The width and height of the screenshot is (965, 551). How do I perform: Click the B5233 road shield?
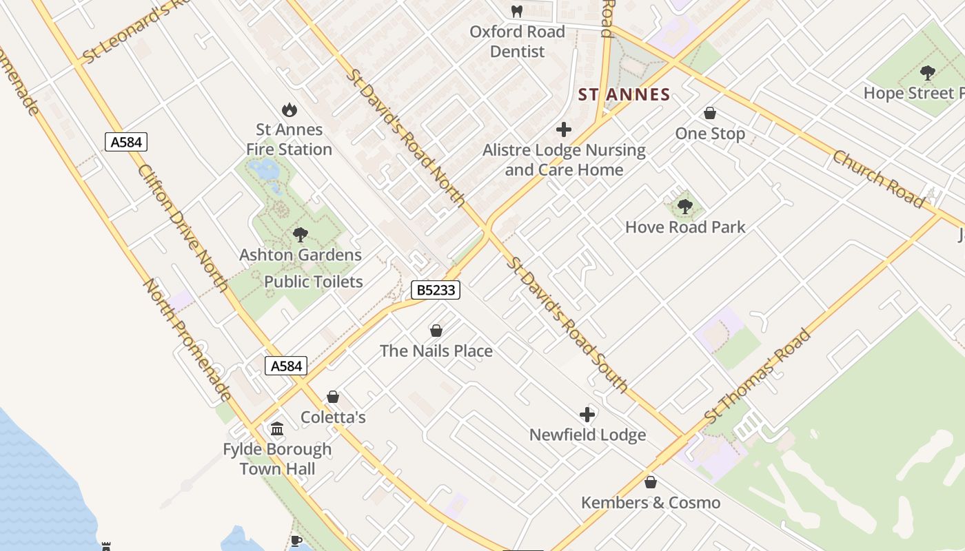(x=436, y=290)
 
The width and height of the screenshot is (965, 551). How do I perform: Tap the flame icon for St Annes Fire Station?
(x=289, y=110)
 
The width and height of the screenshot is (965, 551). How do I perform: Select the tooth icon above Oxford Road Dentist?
(x=517, y=11)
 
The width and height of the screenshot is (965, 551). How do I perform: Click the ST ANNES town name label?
(x=624, y=95)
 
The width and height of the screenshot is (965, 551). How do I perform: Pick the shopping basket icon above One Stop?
(x=710, y=113)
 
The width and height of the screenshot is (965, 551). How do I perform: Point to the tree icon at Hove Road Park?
(x=684, y=206)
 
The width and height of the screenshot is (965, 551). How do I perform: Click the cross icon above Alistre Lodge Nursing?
(x=564, y=129)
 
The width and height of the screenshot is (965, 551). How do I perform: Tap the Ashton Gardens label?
(x=301, y=255)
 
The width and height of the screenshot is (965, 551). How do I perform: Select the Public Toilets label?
(x=314, y=282)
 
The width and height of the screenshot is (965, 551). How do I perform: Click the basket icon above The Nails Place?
(x=436, y=331)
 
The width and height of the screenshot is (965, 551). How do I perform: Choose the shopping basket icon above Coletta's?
(x=333, y=397)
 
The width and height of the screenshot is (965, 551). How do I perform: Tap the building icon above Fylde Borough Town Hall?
(x=277, y=429)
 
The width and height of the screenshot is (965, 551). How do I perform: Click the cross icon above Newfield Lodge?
(x=587, y=415)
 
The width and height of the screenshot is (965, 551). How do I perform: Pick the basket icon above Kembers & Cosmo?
(x=650, y=482)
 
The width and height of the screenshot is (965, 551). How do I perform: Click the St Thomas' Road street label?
(x=758, y=377)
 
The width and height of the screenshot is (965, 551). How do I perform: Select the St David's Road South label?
(x=568, y=324)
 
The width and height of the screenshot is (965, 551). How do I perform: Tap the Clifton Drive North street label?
(x=183, y=227)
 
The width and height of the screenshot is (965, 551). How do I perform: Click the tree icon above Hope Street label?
(x=928, y=72)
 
